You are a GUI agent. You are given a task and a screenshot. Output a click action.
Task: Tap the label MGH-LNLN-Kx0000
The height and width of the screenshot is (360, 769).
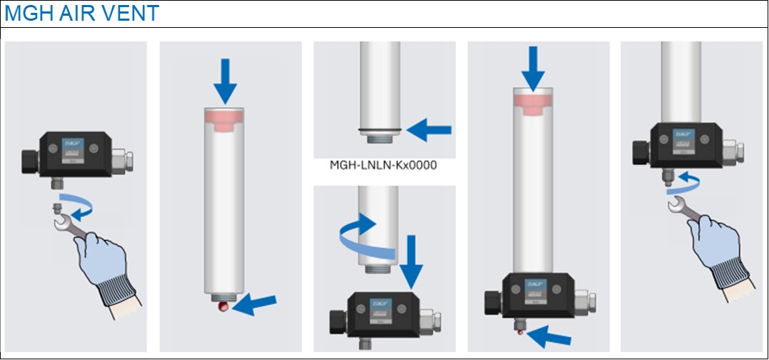383,165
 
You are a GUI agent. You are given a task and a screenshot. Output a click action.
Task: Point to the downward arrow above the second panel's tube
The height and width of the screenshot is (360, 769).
225,81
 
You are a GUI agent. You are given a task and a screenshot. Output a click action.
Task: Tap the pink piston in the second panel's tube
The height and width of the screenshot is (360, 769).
225,117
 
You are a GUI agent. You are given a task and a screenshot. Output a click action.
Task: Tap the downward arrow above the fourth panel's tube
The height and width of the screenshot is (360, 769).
533,67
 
